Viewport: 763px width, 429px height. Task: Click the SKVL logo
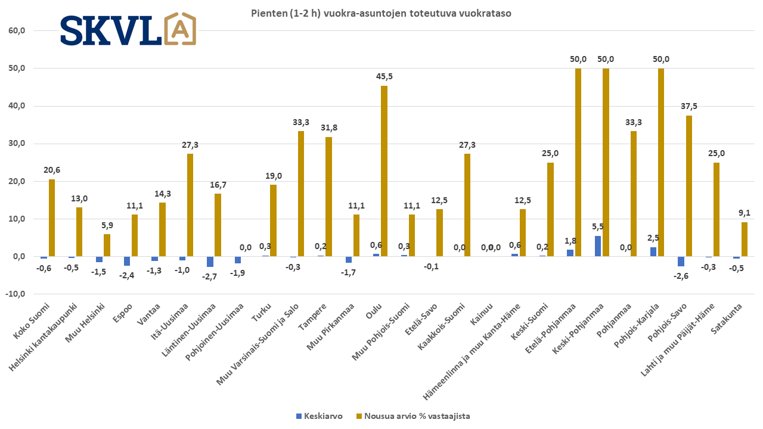coord(128,29)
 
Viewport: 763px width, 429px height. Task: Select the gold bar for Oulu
coord(384,171)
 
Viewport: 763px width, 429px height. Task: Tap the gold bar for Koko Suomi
coord(52,217)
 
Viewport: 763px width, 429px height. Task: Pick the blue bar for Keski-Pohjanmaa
coord(598,246)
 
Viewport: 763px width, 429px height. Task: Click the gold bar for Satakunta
coord(744,239)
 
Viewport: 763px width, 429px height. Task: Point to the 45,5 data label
coord(384,76)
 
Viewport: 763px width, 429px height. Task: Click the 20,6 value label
coord(52,170)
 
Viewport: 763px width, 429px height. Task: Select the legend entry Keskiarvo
coord(320,416)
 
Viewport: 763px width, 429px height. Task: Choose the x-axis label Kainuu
coord(482,312)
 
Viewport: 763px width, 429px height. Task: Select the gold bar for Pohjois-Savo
coord(688,186)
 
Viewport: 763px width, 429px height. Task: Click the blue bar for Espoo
coord(127,261)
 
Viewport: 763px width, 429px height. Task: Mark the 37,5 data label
coord(688,106)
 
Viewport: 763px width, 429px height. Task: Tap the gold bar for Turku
coord(273,220)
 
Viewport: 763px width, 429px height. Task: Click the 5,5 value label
coord(598,226)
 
